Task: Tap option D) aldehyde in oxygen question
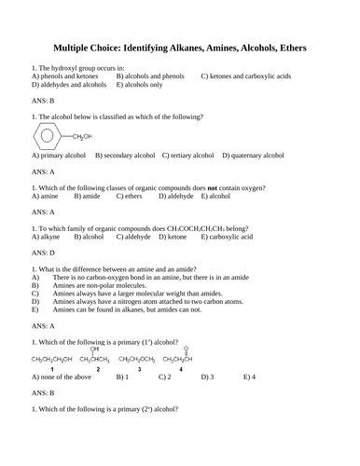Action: pos(176,197)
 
